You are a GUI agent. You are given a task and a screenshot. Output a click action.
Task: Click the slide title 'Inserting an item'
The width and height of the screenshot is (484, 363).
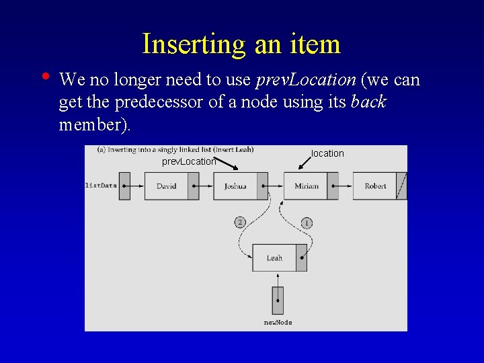pyautogui.click(x=241, y=44)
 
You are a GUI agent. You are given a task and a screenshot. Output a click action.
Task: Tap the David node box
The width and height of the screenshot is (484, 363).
pyautogui.click(x=166, y=186)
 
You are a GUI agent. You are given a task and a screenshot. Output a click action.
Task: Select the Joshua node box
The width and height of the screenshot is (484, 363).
pyautogui.click(x=235, y=186)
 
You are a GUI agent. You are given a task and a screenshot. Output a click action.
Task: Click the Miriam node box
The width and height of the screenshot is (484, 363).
pyautogui.click(x=306, y=186)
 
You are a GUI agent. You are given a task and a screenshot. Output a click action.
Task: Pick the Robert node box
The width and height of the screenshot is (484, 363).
pyautogui.click(x=375, y=186)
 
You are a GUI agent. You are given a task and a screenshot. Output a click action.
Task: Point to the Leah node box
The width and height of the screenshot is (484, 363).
pyautogui.click(x=274, y=258)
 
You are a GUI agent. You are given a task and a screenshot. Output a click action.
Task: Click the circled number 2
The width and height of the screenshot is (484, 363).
pyautogui.click(x=240, y=223)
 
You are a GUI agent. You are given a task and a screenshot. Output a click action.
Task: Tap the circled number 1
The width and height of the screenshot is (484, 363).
pyautogui.click(x=307, y=223)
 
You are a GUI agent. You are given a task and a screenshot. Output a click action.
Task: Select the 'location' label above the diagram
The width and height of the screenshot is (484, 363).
pyautogui.click(x=327, y=154)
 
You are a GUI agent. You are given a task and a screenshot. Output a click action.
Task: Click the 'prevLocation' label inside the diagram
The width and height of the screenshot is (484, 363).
pyautogui.click(x=189, y=161)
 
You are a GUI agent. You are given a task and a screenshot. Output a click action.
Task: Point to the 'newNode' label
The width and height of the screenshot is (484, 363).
pyautogui.click(x=278, y=323)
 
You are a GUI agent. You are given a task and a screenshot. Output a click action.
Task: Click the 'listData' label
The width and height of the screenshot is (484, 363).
pyautogui.click(x=101, y=185)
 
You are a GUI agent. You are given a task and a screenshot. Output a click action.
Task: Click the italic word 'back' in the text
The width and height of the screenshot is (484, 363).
pyautogui.click(x=368, y=103)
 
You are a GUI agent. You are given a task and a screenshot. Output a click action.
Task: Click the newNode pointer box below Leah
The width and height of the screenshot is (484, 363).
pyautogui.click(x=278, y=300)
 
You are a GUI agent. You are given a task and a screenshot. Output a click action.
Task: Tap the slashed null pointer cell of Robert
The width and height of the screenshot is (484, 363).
pyautogui.click(x=401, y=186)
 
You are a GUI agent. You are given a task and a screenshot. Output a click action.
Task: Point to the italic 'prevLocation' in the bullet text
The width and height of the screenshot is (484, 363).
pyautogui.click(x=306, y=80)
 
